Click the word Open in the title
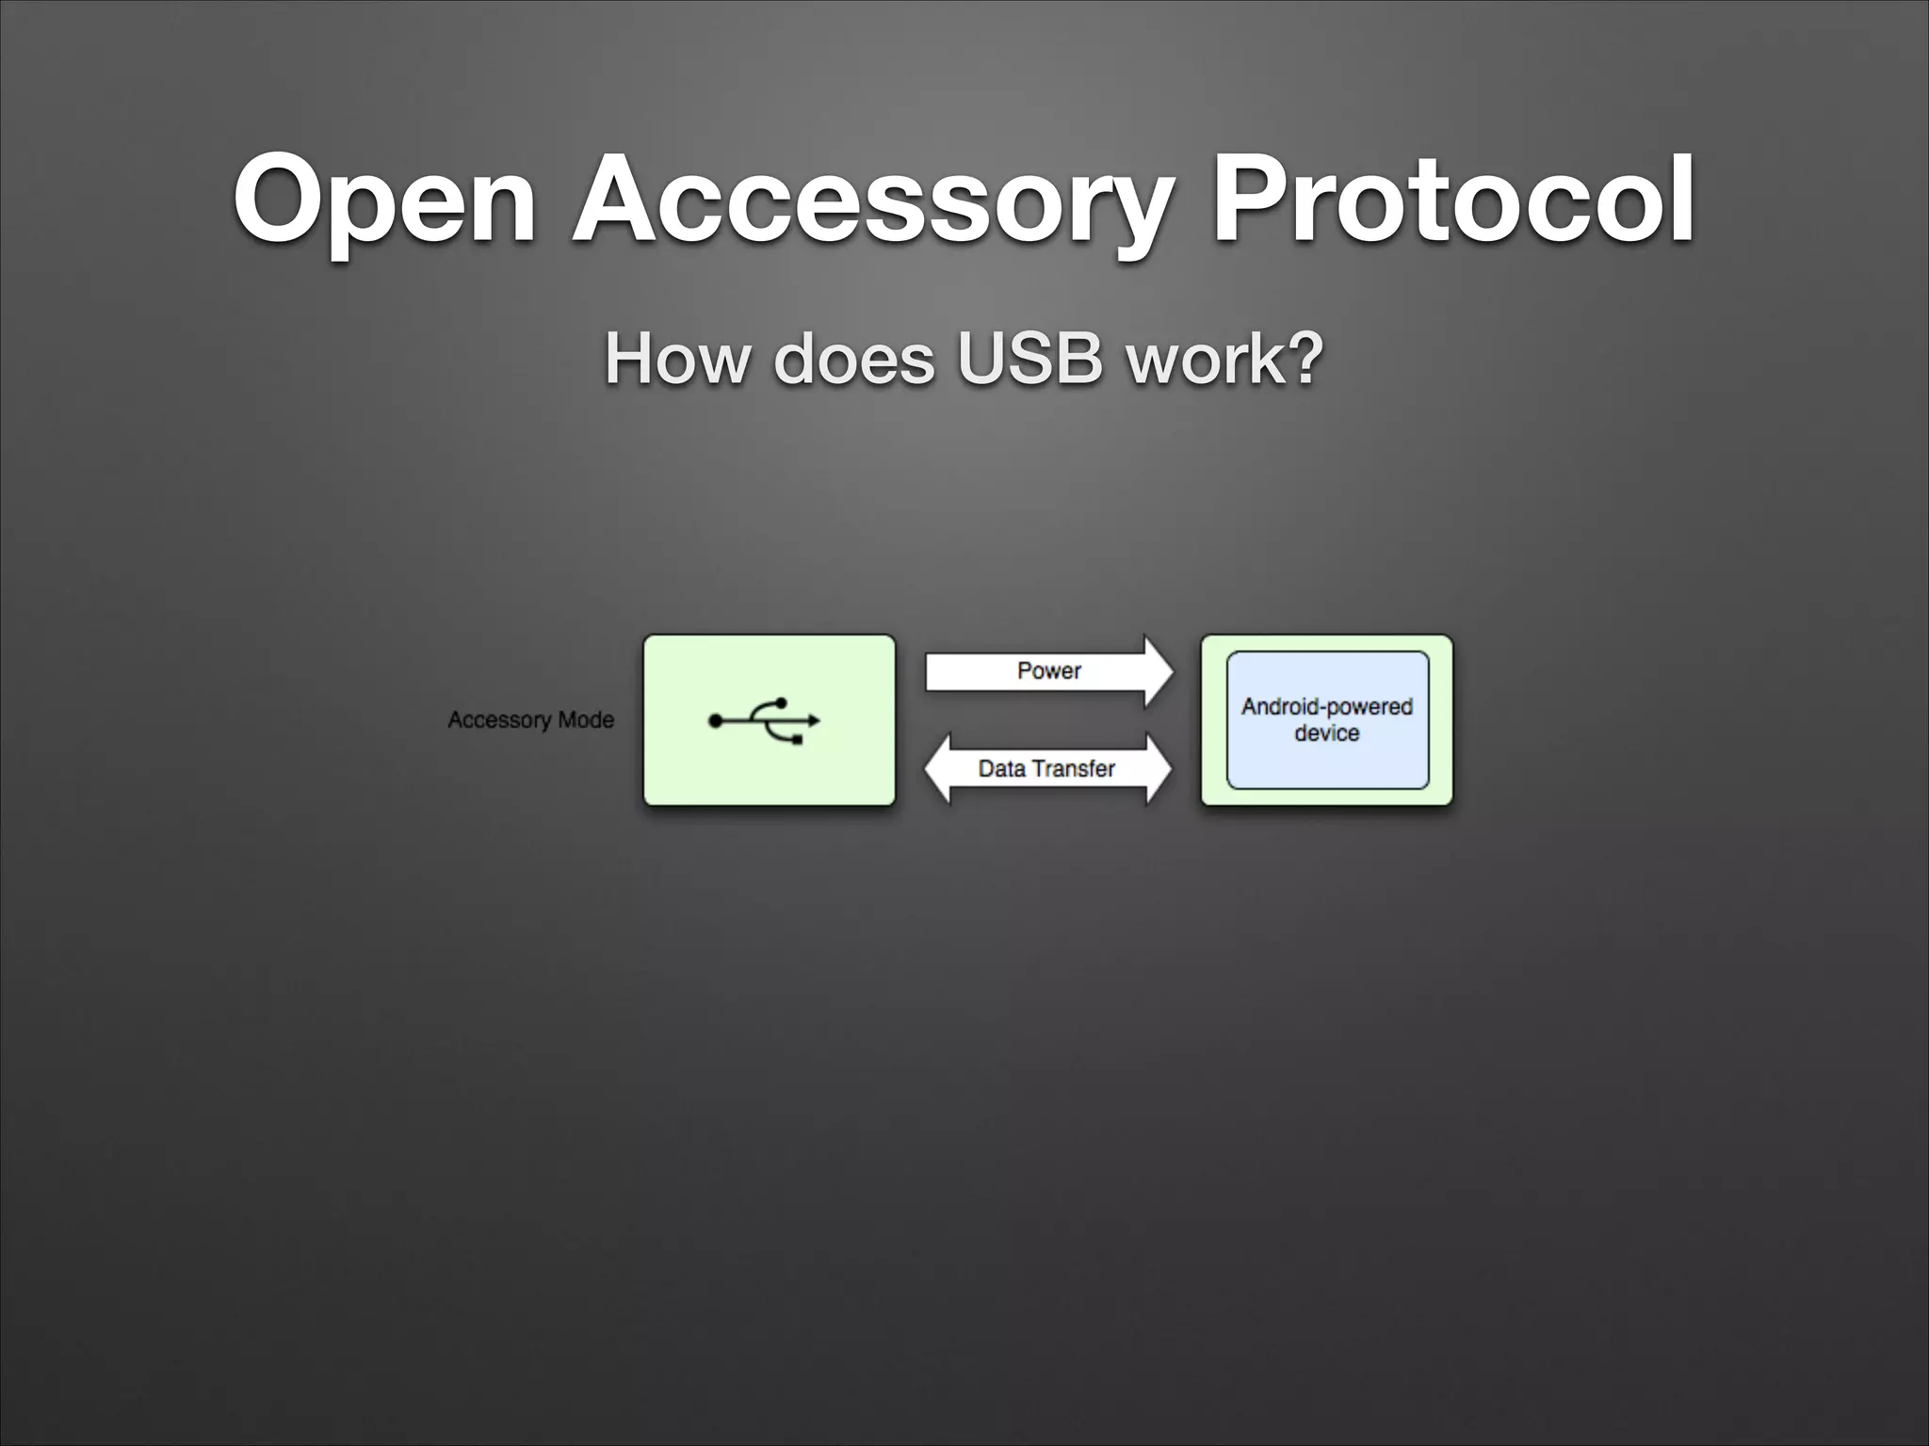pos(384,201)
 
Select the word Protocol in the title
pos(1453,200)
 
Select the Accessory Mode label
pos(530,720)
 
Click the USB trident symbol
pos(764,721)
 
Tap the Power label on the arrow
pos(1048,671)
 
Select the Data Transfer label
pos(1046,769)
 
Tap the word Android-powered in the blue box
pos(1326,707)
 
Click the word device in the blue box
pos(1326,733)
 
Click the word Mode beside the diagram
pos(586,720)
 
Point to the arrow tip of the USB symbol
pos(815,721)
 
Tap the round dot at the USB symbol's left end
pos(716,721)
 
